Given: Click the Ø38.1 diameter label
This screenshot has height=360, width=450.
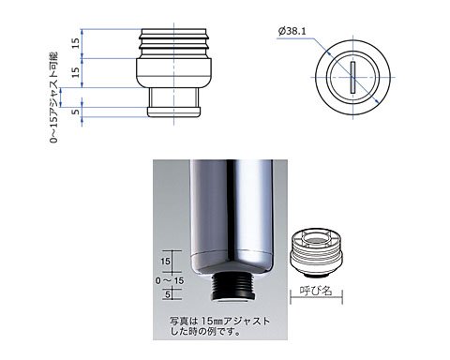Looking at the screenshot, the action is [292, 32].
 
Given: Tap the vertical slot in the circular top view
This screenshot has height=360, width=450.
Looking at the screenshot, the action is [352, 77].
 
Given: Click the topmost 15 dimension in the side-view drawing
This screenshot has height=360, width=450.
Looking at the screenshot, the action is [76, 43].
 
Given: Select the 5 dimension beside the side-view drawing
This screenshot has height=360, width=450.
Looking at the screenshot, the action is [76, 111].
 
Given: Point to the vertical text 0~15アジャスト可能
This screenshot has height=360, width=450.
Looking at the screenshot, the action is [53, 97].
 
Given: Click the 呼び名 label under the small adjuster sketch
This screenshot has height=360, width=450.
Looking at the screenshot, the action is [316, 291].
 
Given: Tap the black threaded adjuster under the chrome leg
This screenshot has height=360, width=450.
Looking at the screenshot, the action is [233, 286].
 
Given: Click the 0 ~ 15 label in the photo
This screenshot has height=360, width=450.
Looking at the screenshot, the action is [170, 280].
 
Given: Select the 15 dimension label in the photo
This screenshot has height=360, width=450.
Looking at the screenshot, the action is [165, 261].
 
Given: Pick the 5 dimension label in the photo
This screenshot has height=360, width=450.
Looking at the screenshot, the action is [168, 294].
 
